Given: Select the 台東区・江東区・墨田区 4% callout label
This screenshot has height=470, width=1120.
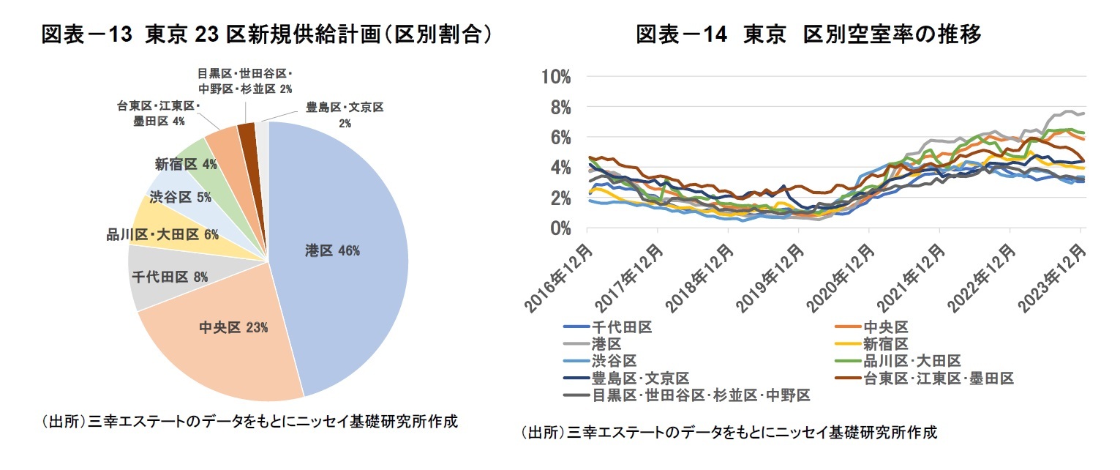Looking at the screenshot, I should point(158,113).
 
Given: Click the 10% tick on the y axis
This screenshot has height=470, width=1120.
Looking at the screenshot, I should point(557,76).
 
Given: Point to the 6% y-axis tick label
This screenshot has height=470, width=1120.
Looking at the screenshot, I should point(560,137).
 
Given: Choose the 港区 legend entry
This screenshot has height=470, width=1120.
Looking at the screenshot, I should point(606,343).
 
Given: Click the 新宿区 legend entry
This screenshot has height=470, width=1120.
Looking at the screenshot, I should point(885,343).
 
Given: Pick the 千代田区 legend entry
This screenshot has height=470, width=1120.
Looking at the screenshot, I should point(621,327).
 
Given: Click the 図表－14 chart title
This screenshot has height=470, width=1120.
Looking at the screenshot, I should point(808,34).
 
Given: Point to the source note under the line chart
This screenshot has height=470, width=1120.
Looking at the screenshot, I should point(729,432).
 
